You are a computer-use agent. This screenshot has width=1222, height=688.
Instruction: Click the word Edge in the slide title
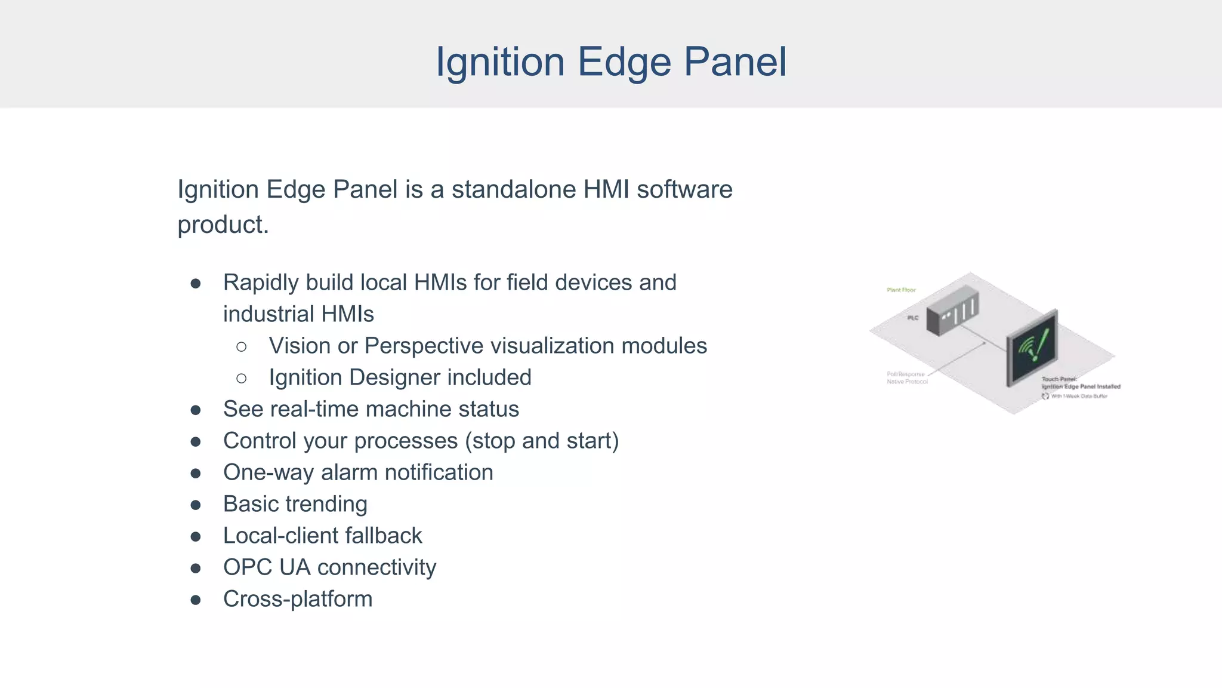pos(624,62)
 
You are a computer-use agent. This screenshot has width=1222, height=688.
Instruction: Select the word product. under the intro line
pos(223,225)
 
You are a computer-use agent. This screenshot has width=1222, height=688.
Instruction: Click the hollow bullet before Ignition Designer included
pos(242,378)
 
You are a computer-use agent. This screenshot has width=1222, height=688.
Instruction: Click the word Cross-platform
pos(298,599)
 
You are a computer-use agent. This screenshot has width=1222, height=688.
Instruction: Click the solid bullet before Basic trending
pos(196,505)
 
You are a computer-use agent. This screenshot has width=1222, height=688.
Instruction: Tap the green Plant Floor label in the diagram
pos(901,290)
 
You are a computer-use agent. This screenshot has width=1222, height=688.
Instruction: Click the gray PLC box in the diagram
pos(952,311)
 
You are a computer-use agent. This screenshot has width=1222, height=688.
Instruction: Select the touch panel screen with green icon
pos(1032,346)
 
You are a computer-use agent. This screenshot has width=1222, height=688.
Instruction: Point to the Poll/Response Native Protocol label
pos(907,378)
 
